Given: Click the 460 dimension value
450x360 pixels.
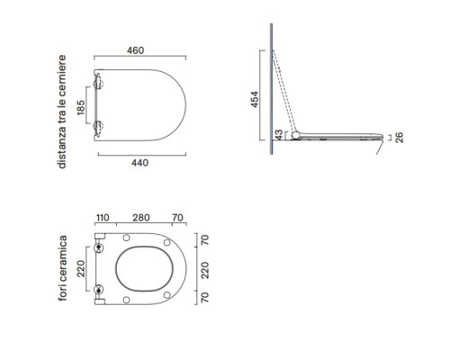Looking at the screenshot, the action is click(135, 50).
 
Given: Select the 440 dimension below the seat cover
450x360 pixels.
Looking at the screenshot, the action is click(139, 163).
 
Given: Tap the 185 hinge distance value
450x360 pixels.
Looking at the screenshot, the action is click(81, 107).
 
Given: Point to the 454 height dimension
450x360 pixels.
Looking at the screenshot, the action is click(255, 99).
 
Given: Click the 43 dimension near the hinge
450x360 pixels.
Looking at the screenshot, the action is click(279, 135).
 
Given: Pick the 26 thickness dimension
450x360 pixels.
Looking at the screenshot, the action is click(400, 138).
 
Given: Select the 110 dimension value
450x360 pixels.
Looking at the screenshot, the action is click(103, 218).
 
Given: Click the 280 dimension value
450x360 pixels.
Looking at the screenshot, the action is click(141, 218).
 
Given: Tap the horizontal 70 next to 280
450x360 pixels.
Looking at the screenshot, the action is click(177, 218).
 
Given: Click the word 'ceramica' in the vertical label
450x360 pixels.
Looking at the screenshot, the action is click(63, 258).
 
